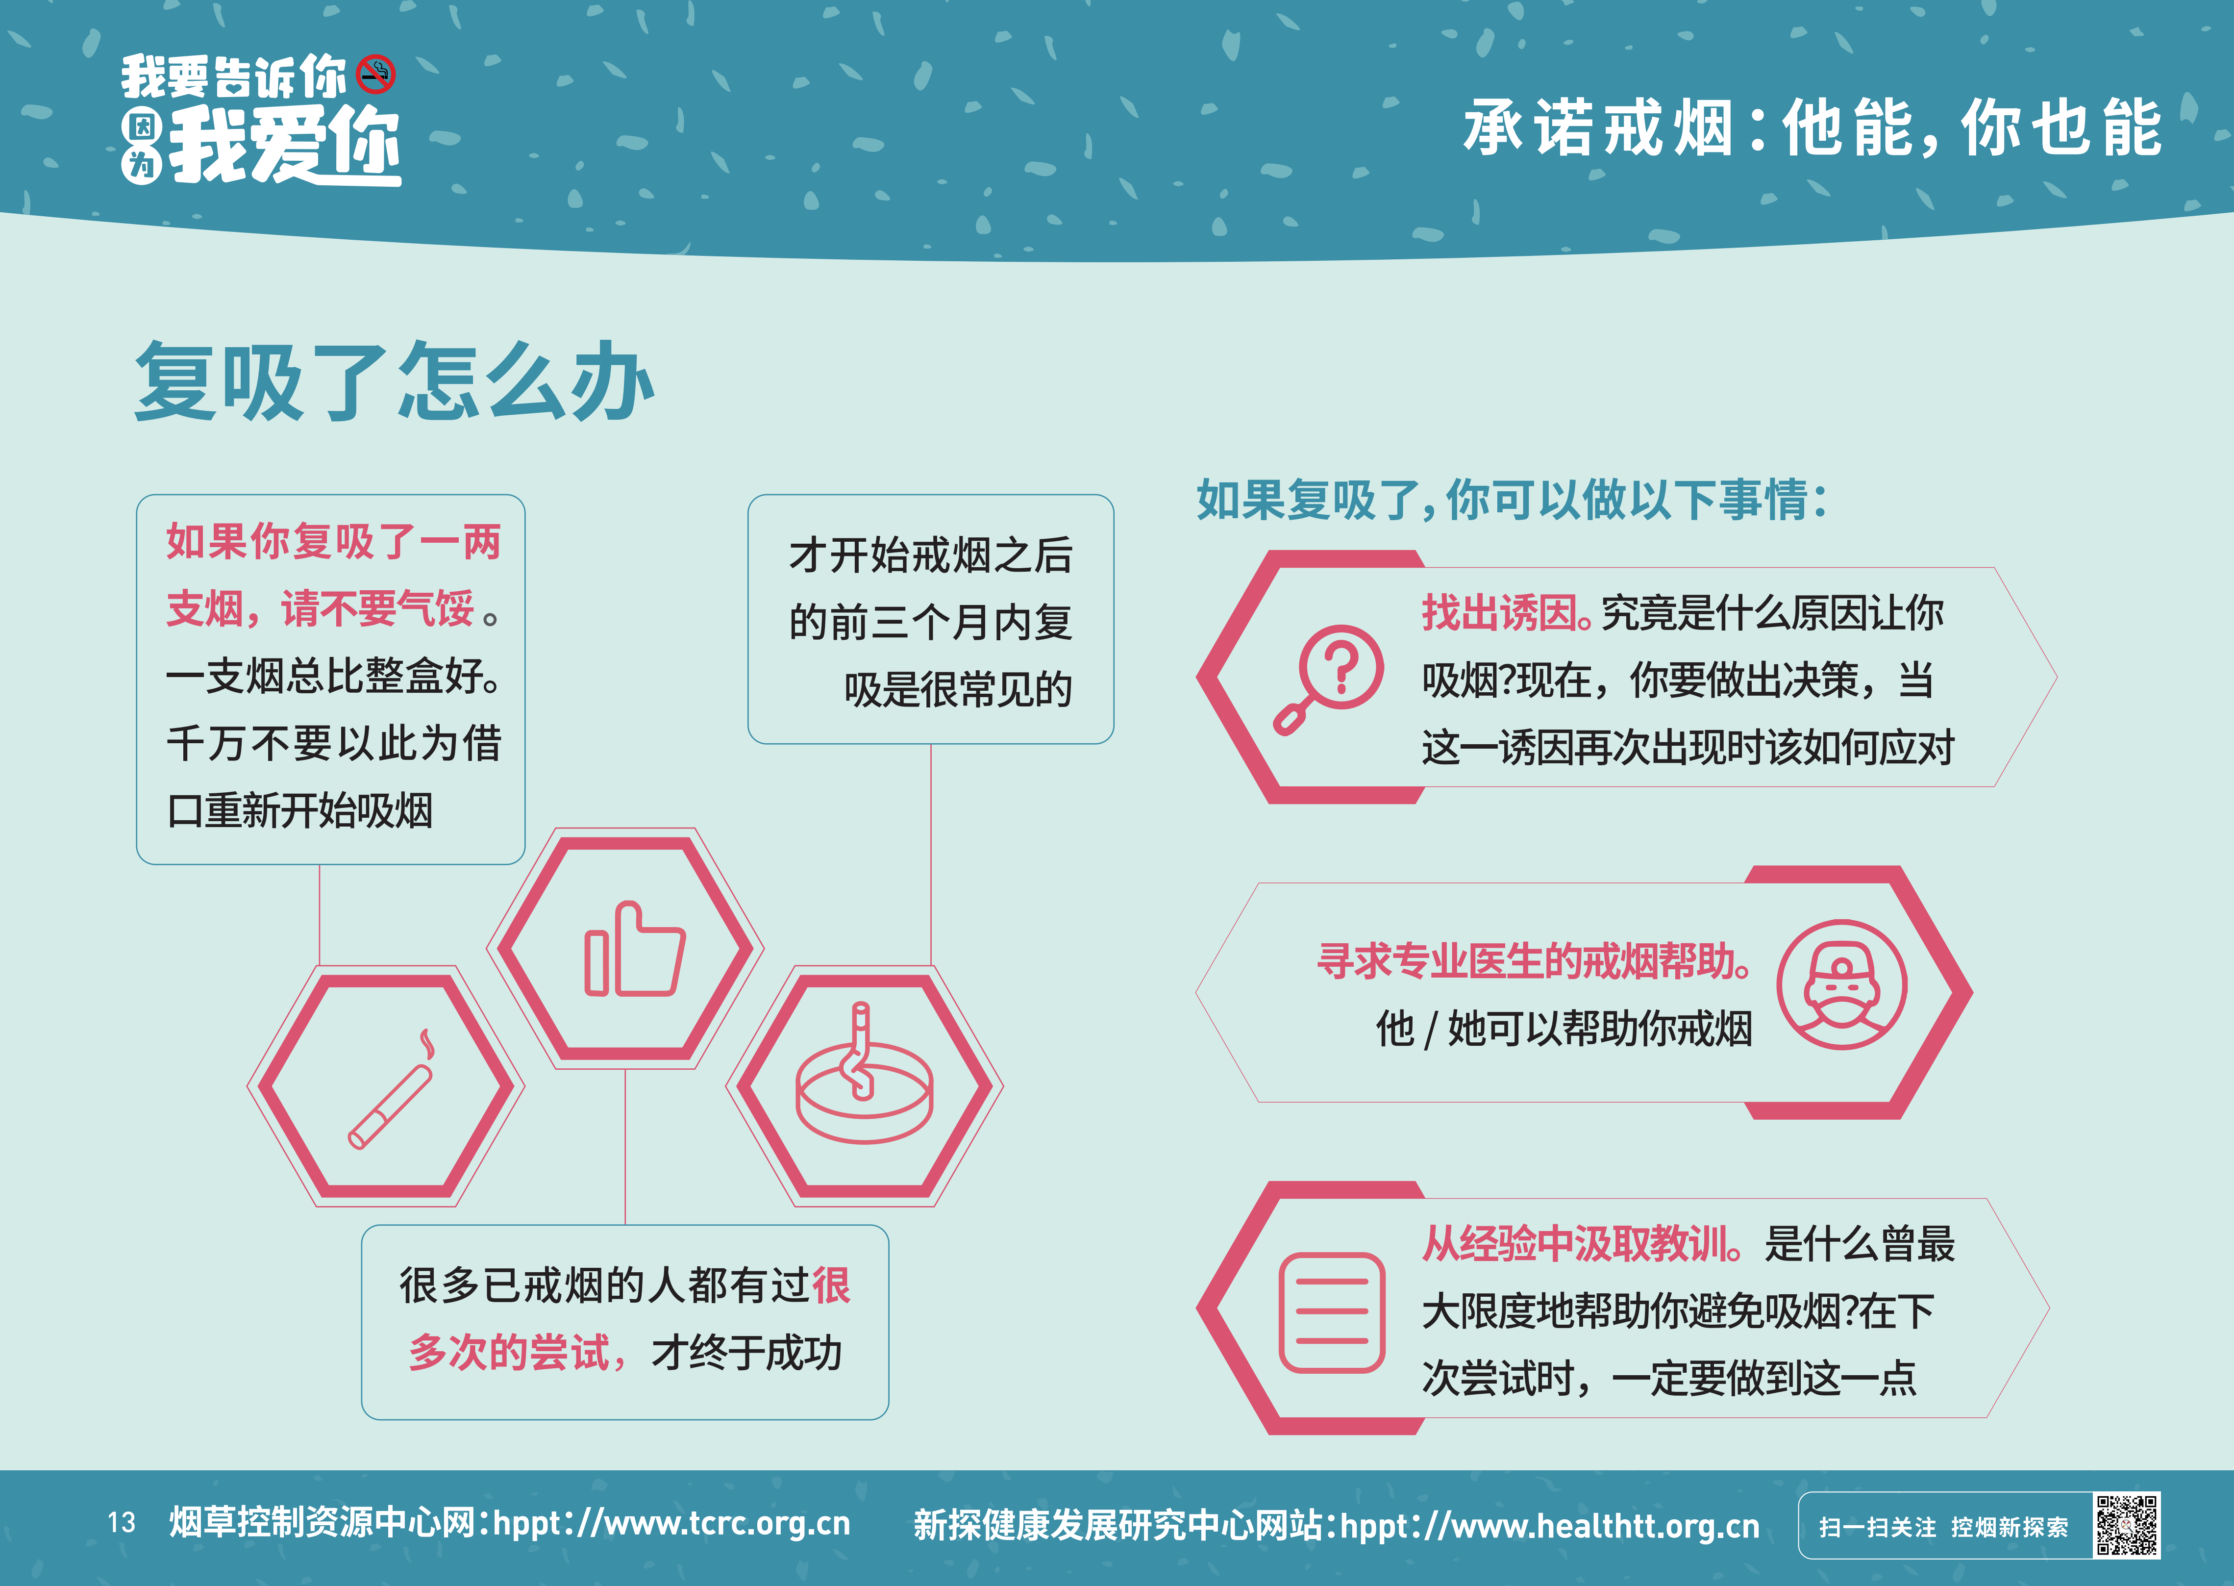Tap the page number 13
121,1523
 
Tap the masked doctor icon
1840,984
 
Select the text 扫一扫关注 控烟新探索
1943,1526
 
